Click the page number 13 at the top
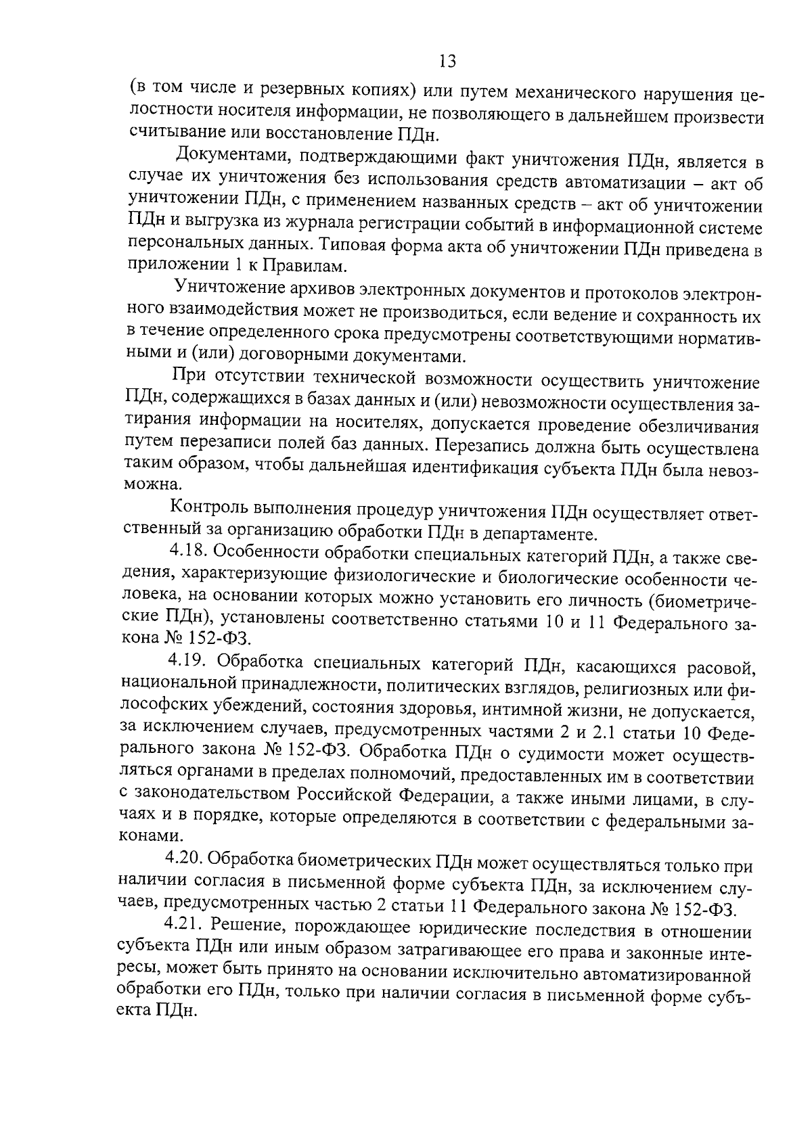pyautogui.click(x=447, y=62)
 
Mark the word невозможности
pyautogui.click(x=550, y=404)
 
